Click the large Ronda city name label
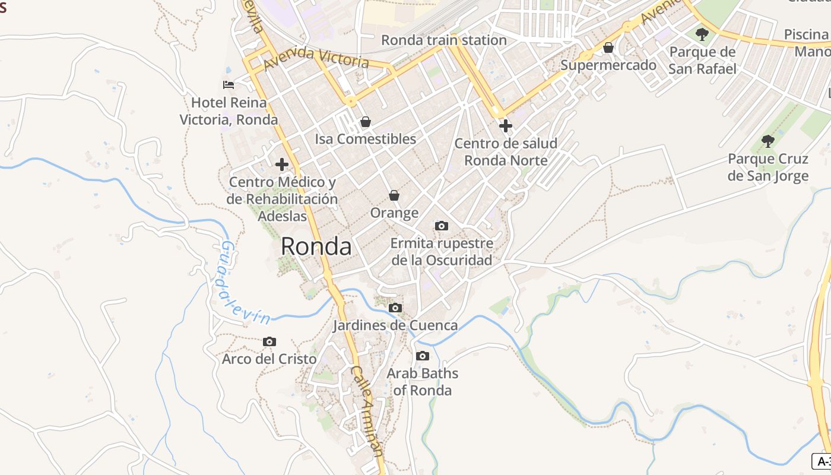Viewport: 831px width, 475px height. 316,246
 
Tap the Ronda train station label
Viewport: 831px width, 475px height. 443,40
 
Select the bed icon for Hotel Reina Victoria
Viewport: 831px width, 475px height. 229,85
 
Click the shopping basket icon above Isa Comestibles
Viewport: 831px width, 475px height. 366,122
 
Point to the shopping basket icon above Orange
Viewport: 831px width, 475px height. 394,195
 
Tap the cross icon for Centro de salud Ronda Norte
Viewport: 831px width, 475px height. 506,126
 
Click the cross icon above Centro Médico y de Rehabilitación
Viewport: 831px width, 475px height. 282,164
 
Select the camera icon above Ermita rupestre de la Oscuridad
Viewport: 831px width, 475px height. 441,226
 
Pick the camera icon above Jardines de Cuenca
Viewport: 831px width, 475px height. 395,308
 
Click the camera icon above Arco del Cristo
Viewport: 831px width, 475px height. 269,341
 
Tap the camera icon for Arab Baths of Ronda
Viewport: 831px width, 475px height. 422,356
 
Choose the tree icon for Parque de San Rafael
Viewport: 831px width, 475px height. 702,34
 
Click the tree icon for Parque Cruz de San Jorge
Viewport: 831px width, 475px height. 768,141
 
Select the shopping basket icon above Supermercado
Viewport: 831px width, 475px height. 608,47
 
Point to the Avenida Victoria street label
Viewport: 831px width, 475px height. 316,58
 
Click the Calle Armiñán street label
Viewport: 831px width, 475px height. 367,410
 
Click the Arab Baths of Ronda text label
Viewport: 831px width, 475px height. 422,382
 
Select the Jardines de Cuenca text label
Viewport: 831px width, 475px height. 395,325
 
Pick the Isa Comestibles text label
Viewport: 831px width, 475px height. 365,139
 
